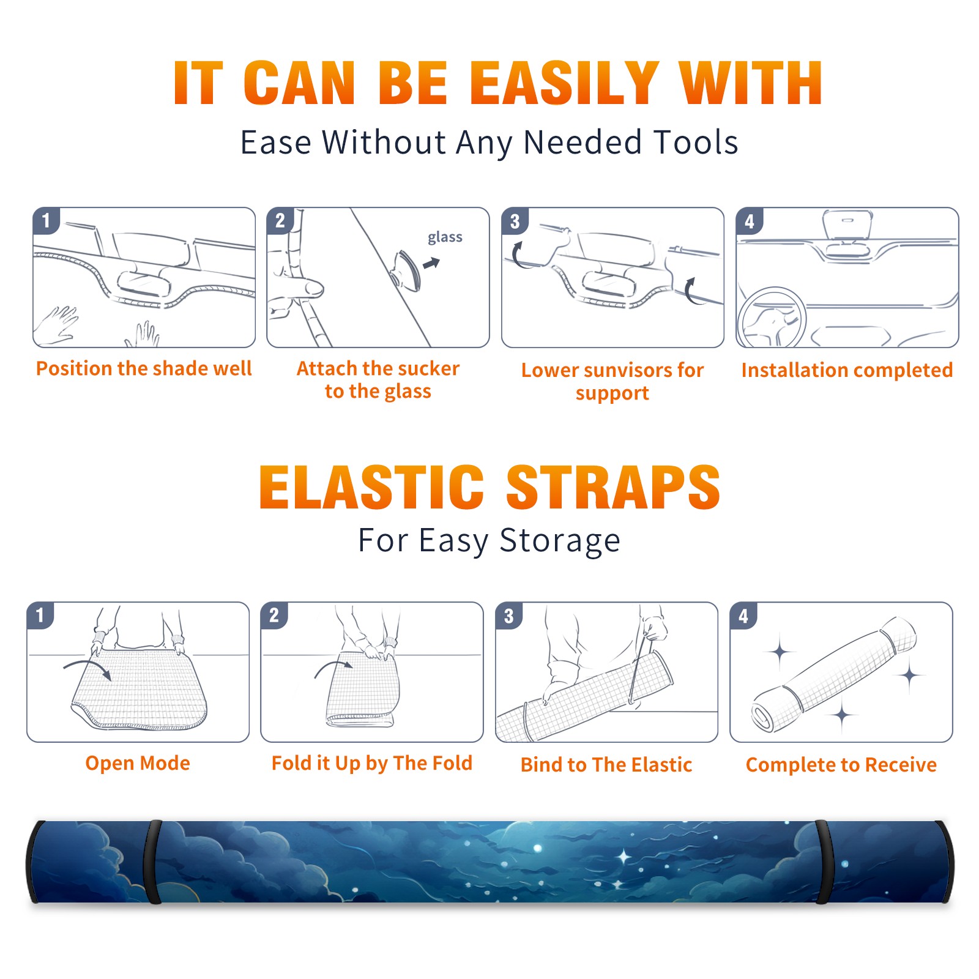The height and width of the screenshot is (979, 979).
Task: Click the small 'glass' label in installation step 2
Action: [445, 237]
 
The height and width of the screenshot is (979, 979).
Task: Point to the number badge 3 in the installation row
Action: [515, 221]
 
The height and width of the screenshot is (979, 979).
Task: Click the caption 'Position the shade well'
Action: [144, 368]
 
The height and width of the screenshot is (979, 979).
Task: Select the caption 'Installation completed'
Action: [847, 370]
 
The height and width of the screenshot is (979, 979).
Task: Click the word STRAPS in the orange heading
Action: [613, 487]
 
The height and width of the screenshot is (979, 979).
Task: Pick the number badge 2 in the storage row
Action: [274, 615]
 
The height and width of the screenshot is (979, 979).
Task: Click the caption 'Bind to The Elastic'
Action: [606, 765]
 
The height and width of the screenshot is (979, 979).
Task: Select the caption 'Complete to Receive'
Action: [841, 765]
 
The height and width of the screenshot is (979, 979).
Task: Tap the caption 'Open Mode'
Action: [138, 763]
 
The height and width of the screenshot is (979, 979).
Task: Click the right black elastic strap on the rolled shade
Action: [822, 862]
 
